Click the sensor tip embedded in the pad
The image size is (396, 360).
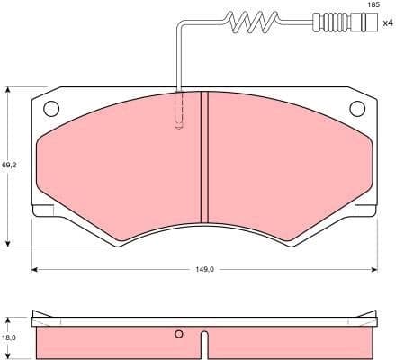click(179, 112)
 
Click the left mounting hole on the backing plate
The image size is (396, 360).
click(50, 109)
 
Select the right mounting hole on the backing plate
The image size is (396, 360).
click(356, 109)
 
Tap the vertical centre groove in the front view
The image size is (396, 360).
click(203, 157)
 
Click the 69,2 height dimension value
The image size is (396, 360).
click(8, 166)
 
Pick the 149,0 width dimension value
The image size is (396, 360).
click(204, 269)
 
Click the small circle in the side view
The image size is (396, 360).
click(179, 335)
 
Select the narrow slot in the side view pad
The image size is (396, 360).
click(204, 345)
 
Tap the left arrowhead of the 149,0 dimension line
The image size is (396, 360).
click(35, 269)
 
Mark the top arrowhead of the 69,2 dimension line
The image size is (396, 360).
click(8, 90)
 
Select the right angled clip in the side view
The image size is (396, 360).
click(364, 318)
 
